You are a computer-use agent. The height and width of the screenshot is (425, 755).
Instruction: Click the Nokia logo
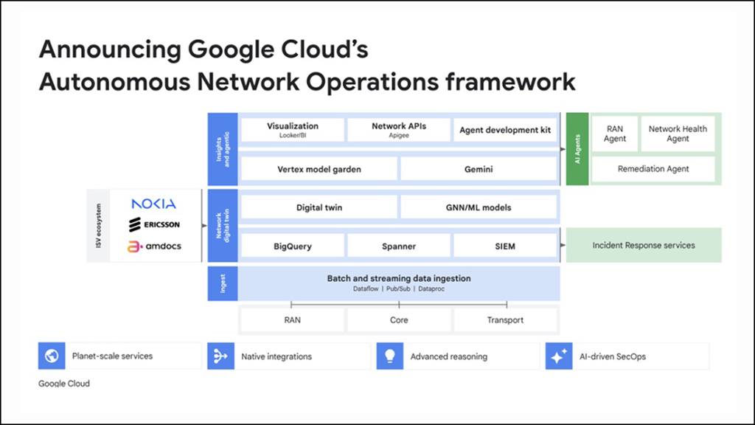point(153,204)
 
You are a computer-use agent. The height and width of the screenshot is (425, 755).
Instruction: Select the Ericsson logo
point(153,224)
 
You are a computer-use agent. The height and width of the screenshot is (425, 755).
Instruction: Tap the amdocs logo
point(153,246)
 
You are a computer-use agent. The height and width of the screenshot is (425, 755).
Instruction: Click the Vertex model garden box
point(319,169)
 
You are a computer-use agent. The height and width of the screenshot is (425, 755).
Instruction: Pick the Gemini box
point(479,169)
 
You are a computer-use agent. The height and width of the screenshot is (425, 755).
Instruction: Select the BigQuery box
point(293,246)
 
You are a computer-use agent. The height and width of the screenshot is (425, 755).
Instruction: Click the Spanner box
point(399,246)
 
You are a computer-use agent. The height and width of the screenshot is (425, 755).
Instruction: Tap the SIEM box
point(505,246)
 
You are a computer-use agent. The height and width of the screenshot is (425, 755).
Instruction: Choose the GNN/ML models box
point(479,207)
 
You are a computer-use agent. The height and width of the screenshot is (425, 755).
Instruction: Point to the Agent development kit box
point(505,131)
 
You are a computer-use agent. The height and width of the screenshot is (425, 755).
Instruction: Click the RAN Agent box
point(615,134)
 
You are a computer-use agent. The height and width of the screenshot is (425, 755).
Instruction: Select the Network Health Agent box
point(678,134)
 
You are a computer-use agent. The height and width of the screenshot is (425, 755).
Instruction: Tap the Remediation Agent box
point(653,169)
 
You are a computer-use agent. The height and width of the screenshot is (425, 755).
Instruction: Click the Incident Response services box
point(644,245)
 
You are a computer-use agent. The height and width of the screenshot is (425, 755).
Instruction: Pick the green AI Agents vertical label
point(577,149)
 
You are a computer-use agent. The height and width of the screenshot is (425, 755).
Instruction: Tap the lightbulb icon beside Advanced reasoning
point(389,356)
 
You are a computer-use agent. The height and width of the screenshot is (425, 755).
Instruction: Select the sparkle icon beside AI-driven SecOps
point(558,356)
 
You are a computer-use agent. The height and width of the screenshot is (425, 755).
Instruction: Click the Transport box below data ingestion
point(505,320)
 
